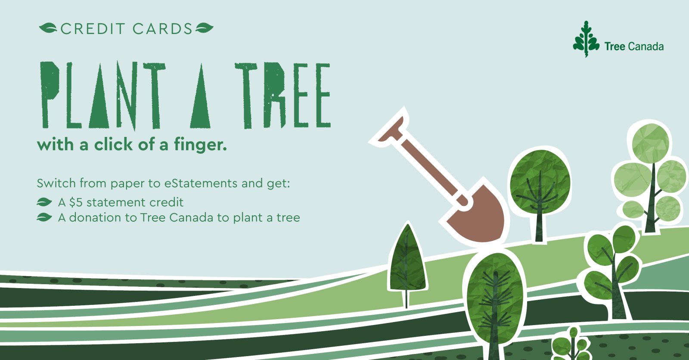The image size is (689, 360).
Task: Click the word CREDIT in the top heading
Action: pyautogui.click(x=93, y=29)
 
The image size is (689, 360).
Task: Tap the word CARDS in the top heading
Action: pyautogui.click(x=162, y=29)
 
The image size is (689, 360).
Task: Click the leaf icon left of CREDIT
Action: pyautogui.click(x=48, y=28)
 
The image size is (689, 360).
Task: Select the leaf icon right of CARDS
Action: pyautogui.click(x=205, y=28)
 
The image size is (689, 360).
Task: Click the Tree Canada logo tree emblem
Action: pyautogui.click(x=586, y=39)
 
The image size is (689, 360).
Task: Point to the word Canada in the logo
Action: pyautogui.click(x=646, y=47)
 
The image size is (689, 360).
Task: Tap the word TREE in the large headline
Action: pyautogui.click(x=282, y=96)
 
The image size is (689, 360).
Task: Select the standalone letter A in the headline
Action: pyautogui.click(x=201, y=96)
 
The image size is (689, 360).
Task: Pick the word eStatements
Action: pyautogui.click(x=201, y=183)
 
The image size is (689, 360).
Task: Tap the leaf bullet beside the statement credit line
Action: pyautogui.click(x=44, y=202)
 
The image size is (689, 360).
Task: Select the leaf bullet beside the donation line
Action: pyautogui.click(x=44, y=217)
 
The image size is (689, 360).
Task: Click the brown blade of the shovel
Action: pyautogui.click(x=480, y=215)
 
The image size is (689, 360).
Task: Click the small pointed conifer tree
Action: pyautogui.click(x=407, y=261)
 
